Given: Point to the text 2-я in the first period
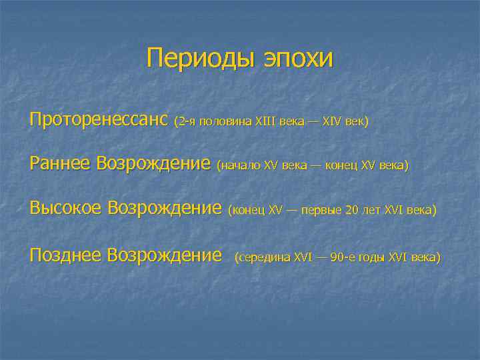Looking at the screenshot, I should point(186,123).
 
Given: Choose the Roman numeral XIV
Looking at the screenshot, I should point(331,123).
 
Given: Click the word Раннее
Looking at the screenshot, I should point(61,164).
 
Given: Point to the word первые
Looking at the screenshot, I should point(323,211).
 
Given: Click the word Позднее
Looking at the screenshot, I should point(66,255).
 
